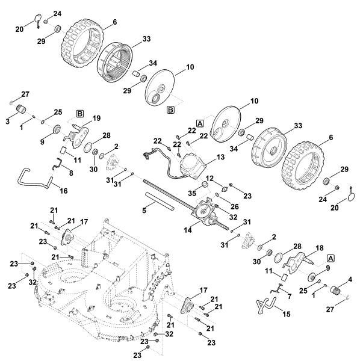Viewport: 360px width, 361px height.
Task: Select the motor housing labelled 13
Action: [x=192, y=163]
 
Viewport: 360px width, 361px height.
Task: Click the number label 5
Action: [x=143, y=211]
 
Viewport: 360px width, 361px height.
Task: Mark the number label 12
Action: [x=209, y=178]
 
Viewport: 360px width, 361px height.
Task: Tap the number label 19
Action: [x=96, y=118]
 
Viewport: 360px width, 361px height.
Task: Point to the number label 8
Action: [x=72, y=173]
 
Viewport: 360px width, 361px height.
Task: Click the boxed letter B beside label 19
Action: [x=79, y=113]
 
